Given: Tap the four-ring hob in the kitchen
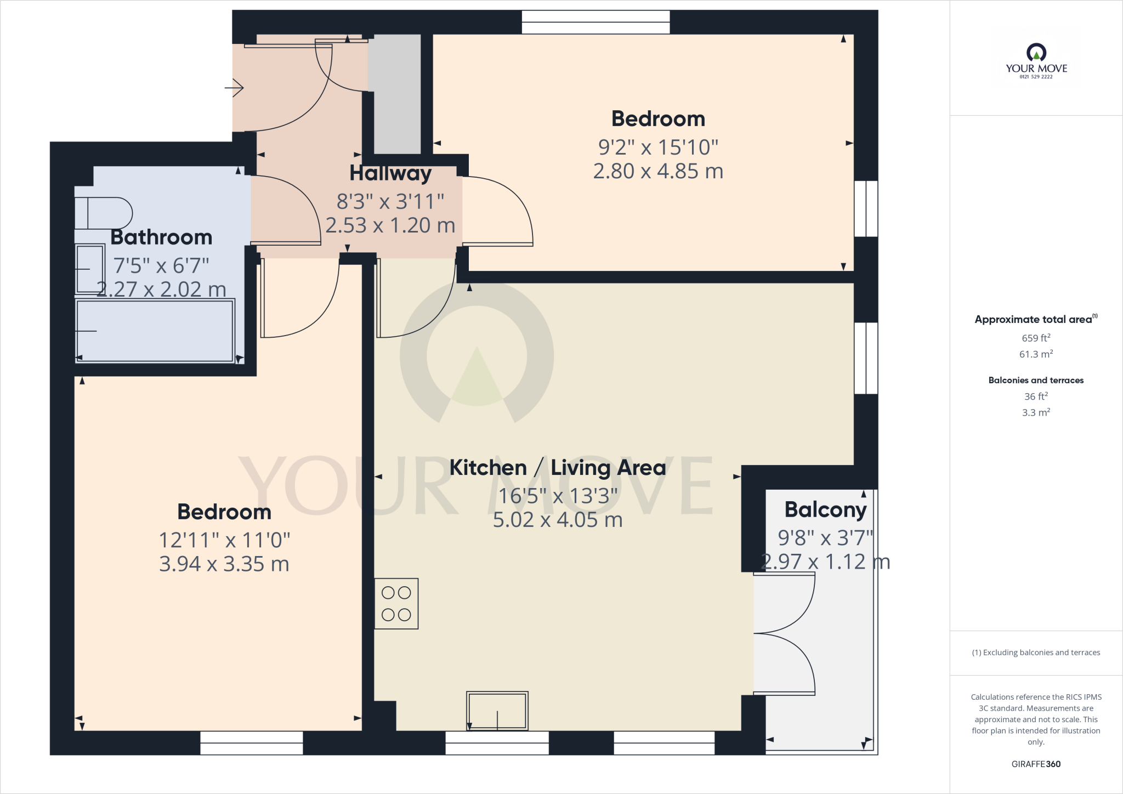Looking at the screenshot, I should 396,603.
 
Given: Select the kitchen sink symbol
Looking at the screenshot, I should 497,711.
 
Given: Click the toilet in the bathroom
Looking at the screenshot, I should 103,213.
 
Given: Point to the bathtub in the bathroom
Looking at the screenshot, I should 155,331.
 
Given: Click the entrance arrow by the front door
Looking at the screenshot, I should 234,88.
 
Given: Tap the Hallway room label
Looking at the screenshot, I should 390,173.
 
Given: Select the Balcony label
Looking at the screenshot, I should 825,509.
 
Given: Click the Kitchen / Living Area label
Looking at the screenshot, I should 557,468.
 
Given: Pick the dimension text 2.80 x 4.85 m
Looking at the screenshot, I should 658,171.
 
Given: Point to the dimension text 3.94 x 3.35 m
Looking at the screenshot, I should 224,564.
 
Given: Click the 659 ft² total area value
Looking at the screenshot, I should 1035,338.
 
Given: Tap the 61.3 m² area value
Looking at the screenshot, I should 1035,354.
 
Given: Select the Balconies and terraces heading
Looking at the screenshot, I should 1035,380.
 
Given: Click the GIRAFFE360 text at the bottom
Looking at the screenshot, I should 1035,764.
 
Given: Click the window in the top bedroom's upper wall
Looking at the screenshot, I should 595,22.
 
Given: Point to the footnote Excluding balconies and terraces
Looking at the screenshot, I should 1035,653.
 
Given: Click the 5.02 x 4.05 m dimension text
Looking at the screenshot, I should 557,520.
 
